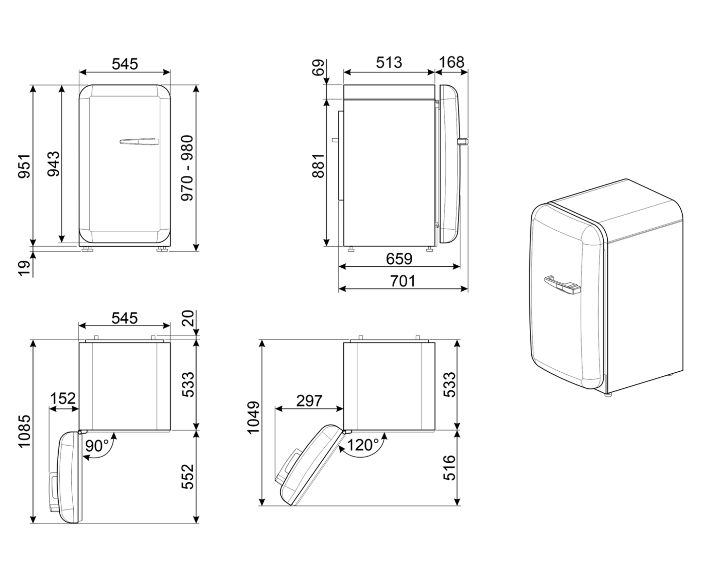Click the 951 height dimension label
(25, 166)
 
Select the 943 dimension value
(54, 164)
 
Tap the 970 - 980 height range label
(187, 168)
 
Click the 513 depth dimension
(389, 63)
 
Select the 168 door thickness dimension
(451, 62)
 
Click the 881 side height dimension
(318, 166)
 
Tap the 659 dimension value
(399, 259)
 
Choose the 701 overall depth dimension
(403, 281)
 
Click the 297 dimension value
(309, 401)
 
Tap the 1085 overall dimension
(25, 431)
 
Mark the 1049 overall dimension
(254, 418)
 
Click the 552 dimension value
(188, 477)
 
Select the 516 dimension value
(449, 467)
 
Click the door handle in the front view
(139, 141)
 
